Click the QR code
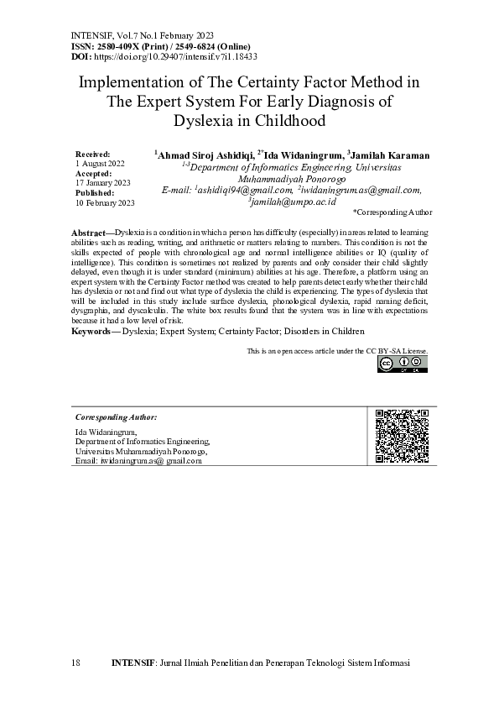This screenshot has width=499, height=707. coord(402,436)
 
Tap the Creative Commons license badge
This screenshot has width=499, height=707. coord(403,364)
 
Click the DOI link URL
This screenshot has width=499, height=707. coord(174,56)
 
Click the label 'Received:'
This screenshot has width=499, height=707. coord(92,154)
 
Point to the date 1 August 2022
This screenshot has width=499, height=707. coord(100,164)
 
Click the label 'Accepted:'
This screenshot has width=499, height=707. coord(93,173)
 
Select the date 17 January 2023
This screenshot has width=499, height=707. coord(103,183)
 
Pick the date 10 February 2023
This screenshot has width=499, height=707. coord(105,203)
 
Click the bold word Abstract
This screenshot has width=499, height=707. coord(88,231)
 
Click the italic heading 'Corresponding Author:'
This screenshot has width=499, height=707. coord(116,417)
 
